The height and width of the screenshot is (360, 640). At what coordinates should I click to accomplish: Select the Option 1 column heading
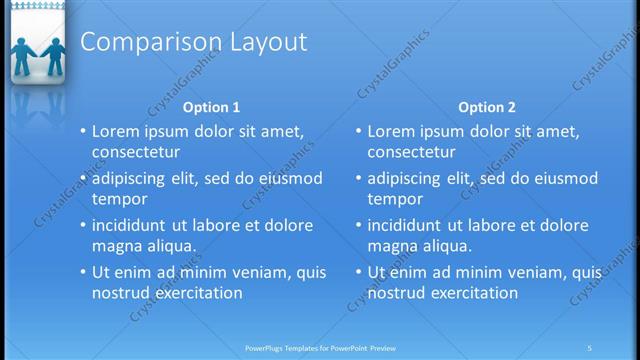tap(212, 106)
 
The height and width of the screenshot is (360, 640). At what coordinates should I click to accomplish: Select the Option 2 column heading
tap(487, 106)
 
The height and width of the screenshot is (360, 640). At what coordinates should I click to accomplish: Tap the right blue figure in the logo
tap(52, 58)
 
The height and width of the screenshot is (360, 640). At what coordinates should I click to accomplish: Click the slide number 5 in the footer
tap(589, 348)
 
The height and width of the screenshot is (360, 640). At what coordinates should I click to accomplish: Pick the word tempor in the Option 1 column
tap(119, 199)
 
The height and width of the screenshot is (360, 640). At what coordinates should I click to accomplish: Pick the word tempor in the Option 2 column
tap(395, 199)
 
